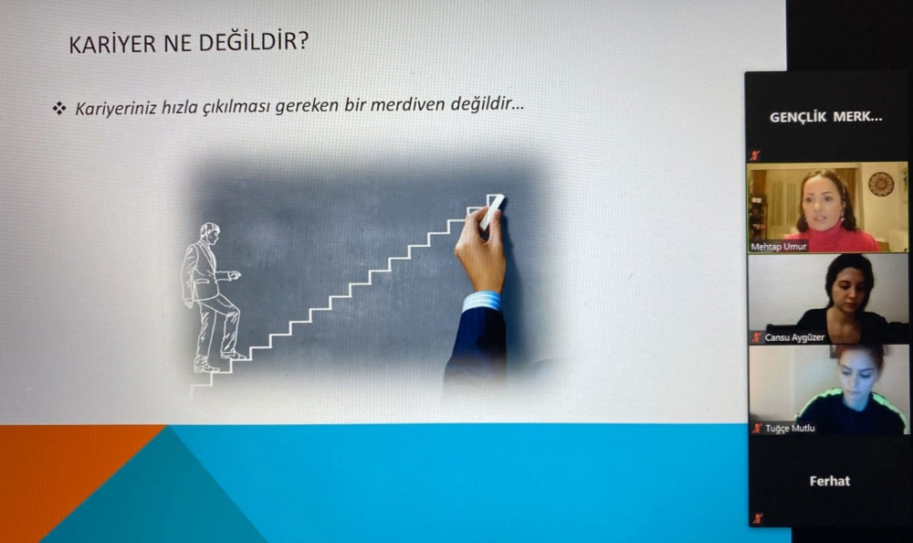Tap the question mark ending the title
coord(302,41)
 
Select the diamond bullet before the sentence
coord(59,108)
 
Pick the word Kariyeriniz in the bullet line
coord(115,109)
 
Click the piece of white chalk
coord(492,211)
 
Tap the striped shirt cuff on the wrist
coord(481,302)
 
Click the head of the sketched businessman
coord(210,233)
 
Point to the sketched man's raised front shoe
coord(234,355)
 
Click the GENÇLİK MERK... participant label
coord(825,117)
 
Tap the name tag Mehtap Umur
coord(779,247)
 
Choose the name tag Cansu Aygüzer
coord(794,337)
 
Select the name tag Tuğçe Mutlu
coord(790,428)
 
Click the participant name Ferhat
coord(830,481)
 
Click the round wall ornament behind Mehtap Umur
coord(880,184)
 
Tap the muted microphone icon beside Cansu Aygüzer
coord(756,337)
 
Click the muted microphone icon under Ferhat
coord(756,518)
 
